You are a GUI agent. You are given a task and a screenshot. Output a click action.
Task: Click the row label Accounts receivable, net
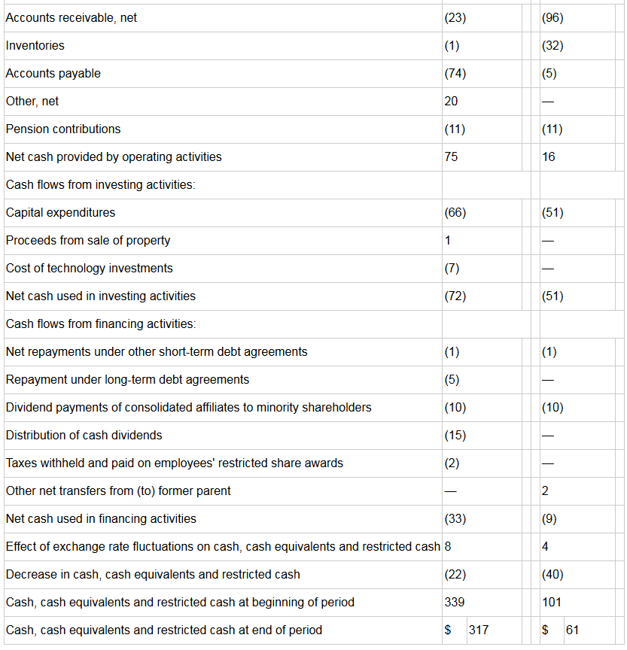(71, 18)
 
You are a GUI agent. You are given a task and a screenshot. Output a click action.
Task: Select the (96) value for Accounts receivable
(552, 18)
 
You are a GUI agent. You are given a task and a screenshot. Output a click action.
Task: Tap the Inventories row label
(35, 46)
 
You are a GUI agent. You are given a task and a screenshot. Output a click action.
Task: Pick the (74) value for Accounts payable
(455, 74)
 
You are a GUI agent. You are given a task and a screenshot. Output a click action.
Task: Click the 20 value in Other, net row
(451, 101)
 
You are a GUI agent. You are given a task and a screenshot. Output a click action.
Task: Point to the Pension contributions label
(63, 129)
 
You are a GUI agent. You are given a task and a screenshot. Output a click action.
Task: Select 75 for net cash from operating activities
(451, 156)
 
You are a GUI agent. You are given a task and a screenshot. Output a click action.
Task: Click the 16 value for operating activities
(549, 156)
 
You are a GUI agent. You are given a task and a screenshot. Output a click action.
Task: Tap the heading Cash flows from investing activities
(100, 184)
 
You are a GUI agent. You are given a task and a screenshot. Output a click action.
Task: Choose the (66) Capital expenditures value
(455, 213)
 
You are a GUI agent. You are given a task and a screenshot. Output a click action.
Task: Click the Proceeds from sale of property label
(88, 241)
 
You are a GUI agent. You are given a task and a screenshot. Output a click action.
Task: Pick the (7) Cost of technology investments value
(452, 269)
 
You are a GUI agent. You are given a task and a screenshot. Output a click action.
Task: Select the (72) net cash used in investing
(455, 296)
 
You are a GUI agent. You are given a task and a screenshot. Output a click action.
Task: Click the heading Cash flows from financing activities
(101, 323)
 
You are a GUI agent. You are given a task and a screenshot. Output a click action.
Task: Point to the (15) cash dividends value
(455, 436)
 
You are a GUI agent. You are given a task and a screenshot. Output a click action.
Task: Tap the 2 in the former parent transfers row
(545, 491)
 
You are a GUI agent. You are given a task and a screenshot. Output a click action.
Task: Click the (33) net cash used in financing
(455, 518)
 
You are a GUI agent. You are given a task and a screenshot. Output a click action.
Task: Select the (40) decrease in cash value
(552, 575)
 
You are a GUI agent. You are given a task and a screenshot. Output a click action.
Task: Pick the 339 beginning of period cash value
(455, 603)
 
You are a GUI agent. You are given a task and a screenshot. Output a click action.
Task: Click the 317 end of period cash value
(479, 630)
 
